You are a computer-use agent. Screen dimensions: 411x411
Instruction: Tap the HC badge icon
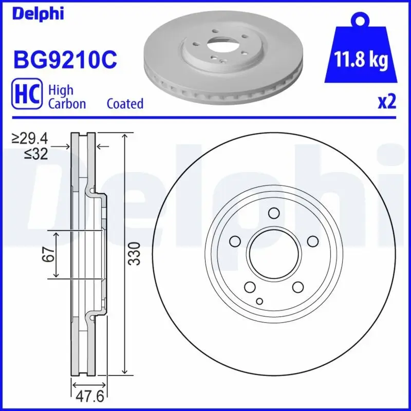[27, 96]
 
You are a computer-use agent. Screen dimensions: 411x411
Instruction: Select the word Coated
[125, 103]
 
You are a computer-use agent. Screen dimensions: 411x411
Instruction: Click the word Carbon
[67, 103]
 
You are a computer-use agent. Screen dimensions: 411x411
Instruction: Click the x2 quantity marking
[386, 102]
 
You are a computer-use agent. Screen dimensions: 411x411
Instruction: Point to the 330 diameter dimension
[134, 254]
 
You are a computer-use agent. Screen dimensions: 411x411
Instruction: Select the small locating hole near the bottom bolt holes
[259, 301]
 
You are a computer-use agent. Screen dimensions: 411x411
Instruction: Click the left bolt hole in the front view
[235, 241]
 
